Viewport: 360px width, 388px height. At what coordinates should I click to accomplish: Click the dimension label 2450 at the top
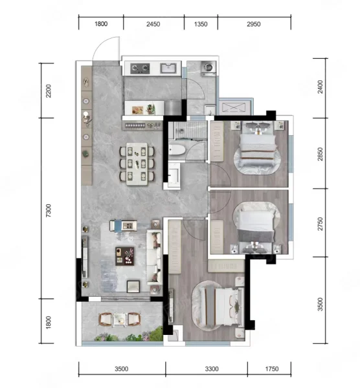click(153, 25)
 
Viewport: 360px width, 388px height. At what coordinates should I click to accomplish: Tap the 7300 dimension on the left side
click(49, 211)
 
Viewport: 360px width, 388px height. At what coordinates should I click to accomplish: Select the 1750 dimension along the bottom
click(272, 369)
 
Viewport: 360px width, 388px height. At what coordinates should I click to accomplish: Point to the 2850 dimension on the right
click(321, 154)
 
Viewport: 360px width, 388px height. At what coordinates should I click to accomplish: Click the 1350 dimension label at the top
click(201, 25)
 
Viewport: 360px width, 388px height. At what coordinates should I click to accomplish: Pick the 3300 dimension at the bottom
click(212, 369)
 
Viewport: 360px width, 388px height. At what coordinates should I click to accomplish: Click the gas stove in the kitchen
click(141, 69)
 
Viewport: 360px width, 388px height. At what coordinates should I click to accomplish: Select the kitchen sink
click(168, 68)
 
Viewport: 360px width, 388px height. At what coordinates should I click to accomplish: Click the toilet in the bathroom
click(177, 150)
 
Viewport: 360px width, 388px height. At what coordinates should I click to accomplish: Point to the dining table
click(137, 164)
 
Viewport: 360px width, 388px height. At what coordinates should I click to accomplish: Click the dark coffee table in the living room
click(125, 256)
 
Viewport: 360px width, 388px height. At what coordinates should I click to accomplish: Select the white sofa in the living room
click(154, 257)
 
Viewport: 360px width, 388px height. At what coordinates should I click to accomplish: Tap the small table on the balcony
click(120, 319)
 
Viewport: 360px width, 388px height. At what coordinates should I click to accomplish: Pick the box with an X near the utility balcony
click(234, 108)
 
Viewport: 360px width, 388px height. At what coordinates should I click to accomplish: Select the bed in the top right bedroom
click(258, 147)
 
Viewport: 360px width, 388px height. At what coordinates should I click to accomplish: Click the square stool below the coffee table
click(133, 286)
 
